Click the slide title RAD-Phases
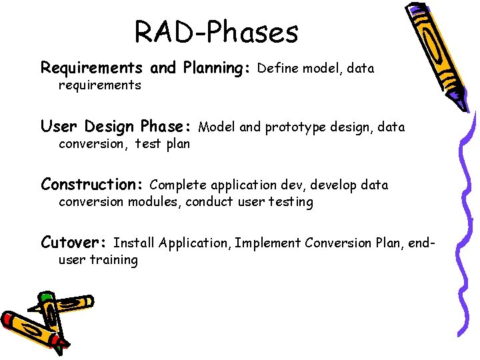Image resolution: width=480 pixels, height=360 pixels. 216,31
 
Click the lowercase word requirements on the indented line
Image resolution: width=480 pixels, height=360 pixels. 100,85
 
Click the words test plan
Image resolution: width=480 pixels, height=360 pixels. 163,143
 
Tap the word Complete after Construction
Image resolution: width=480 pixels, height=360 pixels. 179,185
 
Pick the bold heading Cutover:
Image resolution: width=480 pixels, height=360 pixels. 75,243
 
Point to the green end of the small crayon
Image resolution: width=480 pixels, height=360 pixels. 46,297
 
